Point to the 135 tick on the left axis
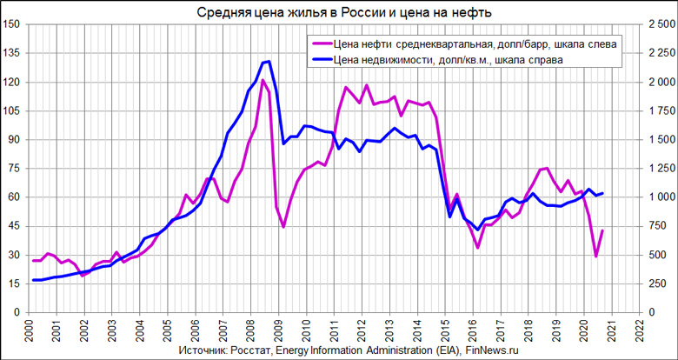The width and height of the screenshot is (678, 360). tap(11, 53)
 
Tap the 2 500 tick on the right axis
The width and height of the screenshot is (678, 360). tap(658, 24)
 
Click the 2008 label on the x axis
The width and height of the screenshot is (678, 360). tap(250, 330)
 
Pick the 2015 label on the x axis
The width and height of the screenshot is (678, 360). tap(445, 330)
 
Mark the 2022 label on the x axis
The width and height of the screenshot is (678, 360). tap(640, 330)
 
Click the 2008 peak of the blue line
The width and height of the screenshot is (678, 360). tap(269, 62)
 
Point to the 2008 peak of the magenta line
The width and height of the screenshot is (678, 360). tap(263, 80)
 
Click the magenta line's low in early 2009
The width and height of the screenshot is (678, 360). tap(283, 227)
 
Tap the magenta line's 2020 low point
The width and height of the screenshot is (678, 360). tap(595, 257)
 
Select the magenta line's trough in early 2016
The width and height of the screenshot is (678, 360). tap(477, 248)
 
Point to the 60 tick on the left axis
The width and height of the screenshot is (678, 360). tap(14, 197)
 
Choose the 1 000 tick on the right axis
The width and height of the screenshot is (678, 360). tap(659, 197)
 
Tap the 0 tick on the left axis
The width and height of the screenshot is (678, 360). tap(17, 311)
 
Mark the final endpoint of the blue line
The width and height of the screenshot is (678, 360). tap(602, 193)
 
